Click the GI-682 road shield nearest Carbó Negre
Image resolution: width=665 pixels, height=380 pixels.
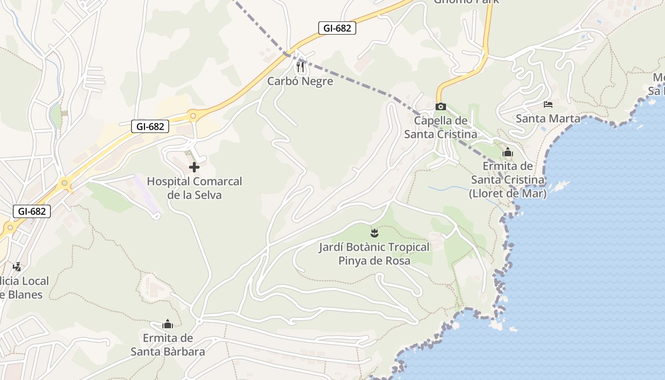337,28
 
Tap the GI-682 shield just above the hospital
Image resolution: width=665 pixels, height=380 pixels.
150,126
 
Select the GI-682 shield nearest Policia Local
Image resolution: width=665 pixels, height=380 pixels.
32,211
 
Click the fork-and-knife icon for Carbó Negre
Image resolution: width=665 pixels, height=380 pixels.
300,67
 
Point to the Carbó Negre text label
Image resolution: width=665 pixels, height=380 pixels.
300,81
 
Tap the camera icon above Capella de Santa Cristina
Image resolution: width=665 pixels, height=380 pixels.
440,106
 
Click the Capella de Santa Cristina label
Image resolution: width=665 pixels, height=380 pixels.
440,127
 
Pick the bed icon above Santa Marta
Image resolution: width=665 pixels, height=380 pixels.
548,104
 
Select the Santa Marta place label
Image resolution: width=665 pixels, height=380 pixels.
548,118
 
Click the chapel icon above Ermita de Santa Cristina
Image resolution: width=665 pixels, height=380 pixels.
507,152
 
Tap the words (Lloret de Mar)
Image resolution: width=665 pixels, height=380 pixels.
507,194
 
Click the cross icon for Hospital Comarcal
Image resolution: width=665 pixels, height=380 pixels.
194,167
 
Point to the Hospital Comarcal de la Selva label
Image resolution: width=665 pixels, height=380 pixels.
194,188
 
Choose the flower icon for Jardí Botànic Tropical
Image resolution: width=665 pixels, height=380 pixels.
374,233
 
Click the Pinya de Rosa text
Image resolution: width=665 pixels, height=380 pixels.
374,261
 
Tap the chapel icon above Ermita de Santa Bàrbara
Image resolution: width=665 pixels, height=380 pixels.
167,324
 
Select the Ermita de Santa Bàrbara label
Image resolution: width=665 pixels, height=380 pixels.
168,345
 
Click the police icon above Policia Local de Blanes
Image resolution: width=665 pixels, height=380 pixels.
17,266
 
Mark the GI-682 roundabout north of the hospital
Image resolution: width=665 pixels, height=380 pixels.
192,115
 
